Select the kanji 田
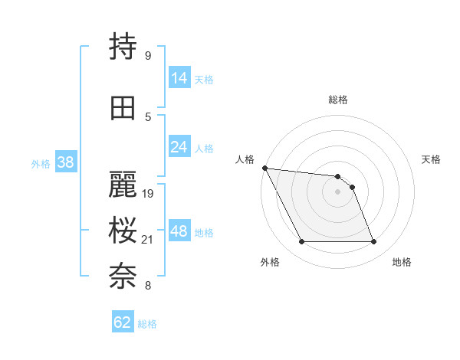click(123, 107)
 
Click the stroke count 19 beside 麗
click(149, 194)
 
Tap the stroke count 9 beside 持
click(147, 56)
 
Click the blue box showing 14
click(179, 78)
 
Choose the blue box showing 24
click(179, 147)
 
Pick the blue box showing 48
click(179, 232)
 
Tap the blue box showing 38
click(65, 162)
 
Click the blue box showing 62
click(123, 322)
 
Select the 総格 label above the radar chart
click(338, 100)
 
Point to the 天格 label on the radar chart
click(432, 159)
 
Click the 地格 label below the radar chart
click(402, 263)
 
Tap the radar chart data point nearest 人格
click(264, 168)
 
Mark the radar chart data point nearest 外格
click(301, 242)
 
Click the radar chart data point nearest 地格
click(374, 242)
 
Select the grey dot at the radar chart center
click(338, 191)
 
